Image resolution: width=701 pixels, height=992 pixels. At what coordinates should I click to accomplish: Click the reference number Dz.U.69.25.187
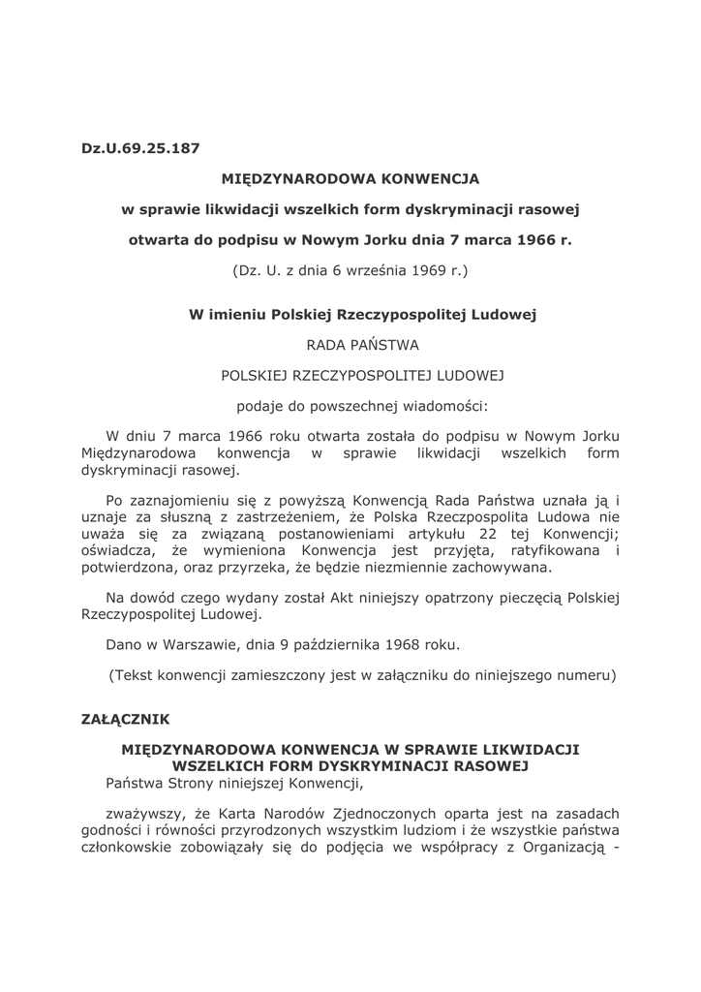click(x=140, y=149)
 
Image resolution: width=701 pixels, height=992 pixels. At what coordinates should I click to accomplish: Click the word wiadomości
click(x=445, y=405)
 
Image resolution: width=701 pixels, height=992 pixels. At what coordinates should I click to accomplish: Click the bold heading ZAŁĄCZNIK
click(x=126, y=719)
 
